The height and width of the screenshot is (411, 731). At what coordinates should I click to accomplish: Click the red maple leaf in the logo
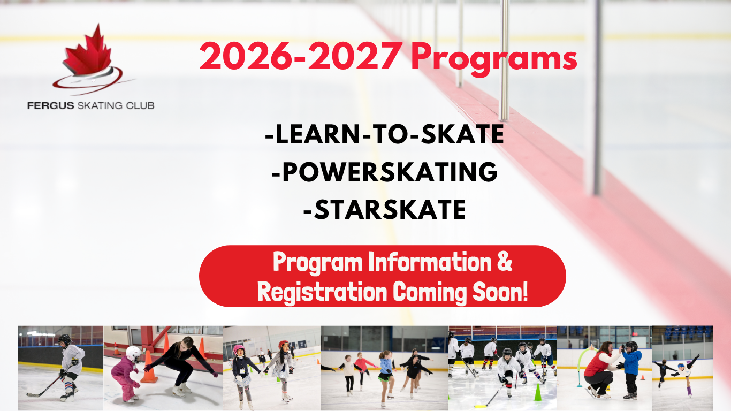87,52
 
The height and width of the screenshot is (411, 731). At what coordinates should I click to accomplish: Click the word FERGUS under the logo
51,106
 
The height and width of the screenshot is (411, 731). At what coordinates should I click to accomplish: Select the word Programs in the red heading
494,59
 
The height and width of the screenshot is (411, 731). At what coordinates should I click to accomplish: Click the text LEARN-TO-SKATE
385,134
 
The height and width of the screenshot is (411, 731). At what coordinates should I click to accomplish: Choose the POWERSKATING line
385,172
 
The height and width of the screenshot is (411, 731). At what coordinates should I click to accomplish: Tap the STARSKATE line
385,209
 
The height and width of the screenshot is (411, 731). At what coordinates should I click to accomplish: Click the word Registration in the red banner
322,292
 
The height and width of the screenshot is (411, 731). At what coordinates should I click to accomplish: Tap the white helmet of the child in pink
134,354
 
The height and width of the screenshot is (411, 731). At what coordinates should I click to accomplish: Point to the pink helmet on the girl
239,349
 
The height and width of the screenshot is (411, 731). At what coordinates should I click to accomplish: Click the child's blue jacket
632,363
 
